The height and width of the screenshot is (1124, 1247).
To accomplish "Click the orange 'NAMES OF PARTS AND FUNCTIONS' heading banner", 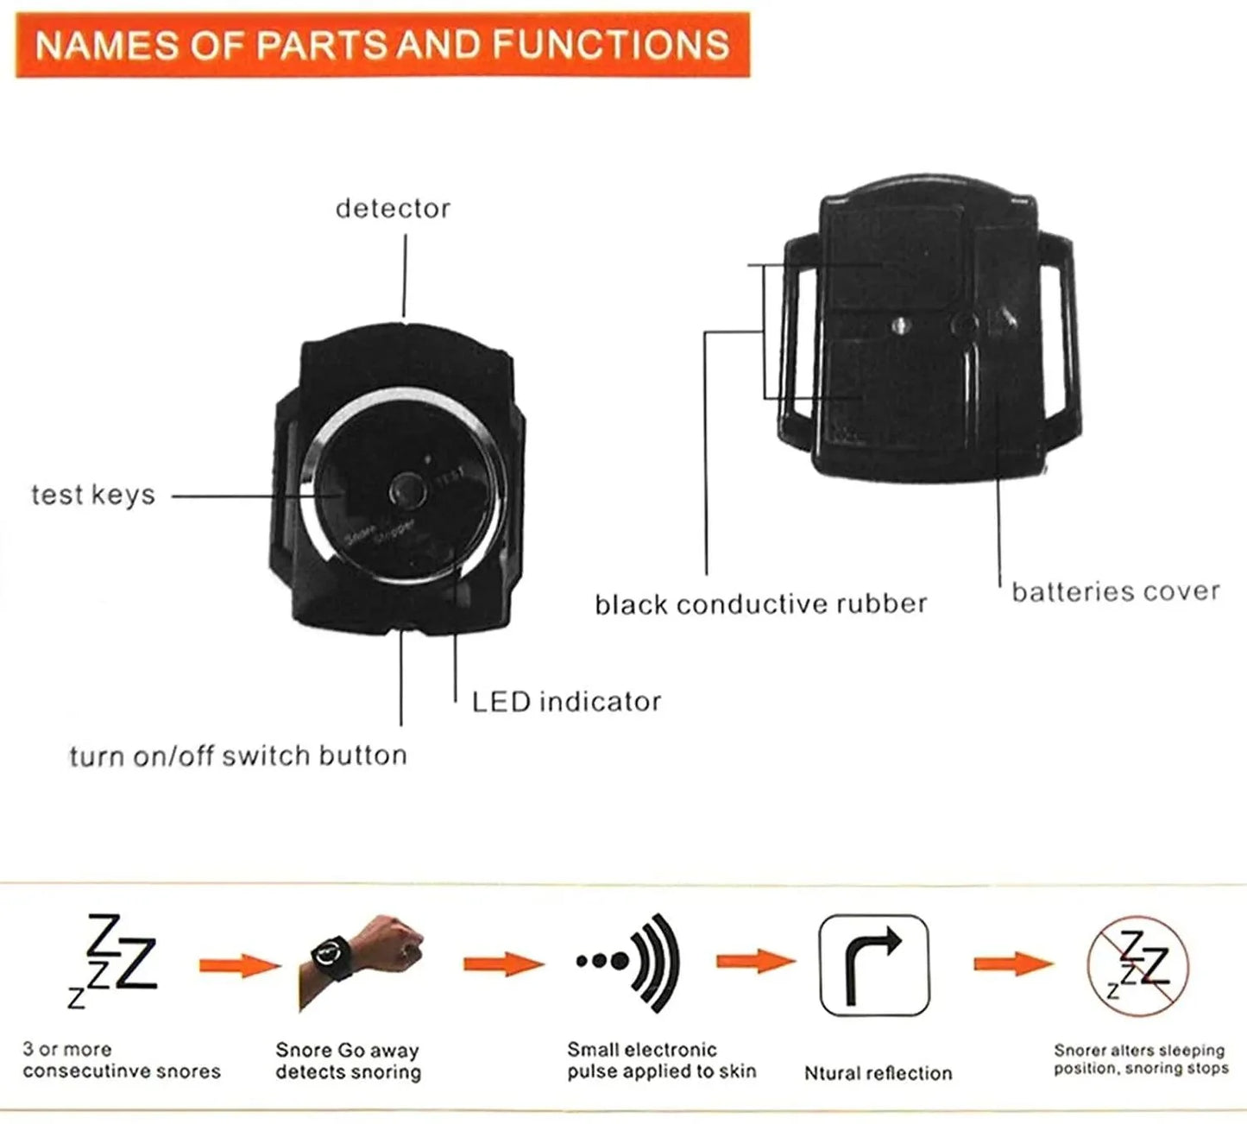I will pos(382,45).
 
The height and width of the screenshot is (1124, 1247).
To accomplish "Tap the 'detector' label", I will pos(393,209).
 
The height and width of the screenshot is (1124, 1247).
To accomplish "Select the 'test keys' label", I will pos(93,496).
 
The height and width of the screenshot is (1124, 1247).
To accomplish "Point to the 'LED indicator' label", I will pos(566,702).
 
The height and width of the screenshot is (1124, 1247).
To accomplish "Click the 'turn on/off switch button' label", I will pos(238,756).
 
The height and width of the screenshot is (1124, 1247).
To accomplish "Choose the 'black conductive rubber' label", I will pos(760,604).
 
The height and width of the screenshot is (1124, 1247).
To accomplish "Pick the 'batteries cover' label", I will pos(1115,592).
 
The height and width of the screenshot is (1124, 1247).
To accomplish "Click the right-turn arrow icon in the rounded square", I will pos(873,965).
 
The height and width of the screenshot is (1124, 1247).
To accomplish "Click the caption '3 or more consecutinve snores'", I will pos(122,1061).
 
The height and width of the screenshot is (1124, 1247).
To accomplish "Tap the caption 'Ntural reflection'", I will pos(878,1074).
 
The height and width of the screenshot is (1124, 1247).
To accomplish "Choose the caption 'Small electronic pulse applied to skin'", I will pos(661,1061).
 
